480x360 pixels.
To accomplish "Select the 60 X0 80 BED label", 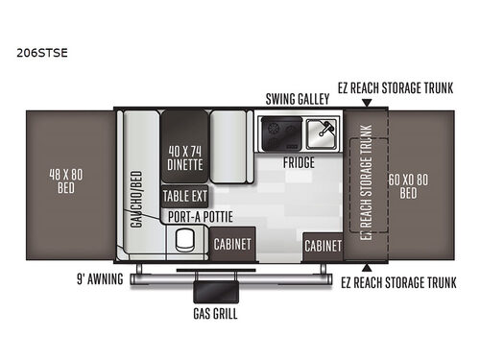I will pos(408,185).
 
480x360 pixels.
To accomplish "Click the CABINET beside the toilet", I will pos(232,245).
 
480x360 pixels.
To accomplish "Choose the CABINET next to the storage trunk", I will pos(323,246).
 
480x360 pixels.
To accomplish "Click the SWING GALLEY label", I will pos(297,99).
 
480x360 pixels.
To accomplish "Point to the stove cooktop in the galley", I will pos(279,130).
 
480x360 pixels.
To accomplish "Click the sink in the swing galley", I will pos(321,130).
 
